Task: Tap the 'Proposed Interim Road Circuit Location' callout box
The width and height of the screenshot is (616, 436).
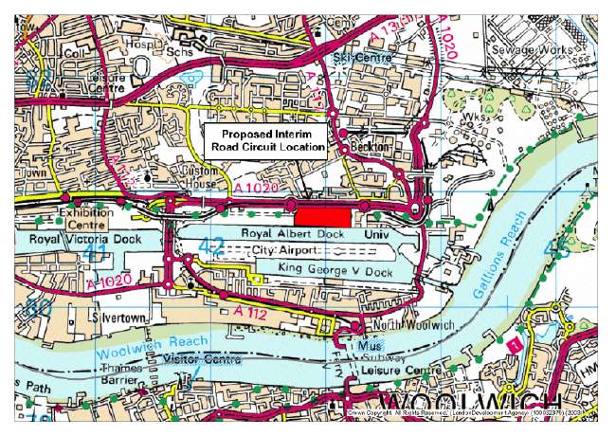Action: tap(266, 140)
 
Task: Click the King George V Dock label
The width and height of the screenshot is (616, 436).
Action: tap(335, 268)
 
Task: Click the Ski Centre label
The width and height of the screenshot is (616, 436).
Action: tap(356, 57)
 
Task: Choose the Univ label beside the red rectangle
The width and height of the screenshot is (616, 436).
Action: tap(382, 231)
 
